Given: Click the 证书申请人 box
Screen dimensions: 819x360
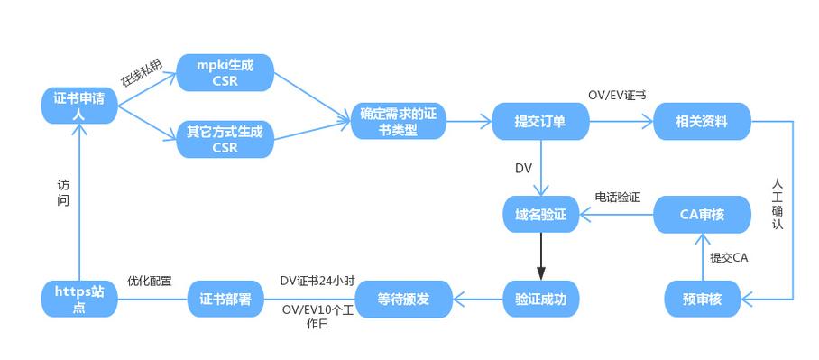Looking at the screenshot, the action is pos(79,106).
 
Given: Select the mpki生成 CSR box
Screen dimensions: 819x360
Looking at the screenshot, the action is pos(225,72).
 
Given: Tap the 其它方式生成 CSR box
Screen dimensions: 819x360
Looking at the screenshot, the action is pos(225,140).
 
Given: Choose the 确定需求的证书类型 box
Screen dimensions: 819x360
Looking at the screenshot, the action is pos(399,121).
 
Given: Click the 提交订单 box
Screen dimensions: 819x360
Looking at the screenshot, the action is pos(540,121).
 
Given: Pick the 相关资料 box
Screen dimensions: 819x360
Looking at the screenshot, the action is pos(702,121).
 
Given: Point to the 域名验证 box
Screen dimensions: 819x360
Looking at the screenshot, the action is pos(541,214).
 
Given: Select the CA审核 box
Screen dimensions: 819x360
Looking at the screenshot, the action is pos(702,214).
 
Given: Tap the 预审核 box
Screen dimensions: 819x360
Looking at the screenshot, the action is pos(702,299).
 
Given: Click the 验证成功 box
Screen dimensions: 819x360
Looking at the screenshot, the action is pos(541,299).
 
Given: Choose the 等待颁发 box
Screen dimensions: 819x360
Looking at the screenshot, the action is pos(403,299).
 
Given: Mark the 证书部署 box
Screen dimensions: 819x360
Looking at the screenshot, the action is pos(225,299).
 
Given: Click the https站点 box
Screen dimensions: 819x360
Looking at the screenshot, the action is pos(79,299).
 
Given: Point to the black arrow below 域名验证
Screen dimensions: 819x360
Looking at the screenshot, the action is pos(541,256).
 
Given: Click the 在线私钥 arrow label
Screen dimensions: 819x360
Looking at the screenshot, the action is pos(141,73).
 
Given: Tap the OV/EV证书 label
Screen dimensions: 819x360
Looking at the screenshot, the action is pos(617,96).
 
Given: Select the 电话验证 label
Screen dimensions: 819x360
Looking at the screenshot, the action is pos(617,197).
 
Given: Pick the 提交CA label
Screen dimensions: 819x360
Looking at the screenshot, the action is pos(729,257).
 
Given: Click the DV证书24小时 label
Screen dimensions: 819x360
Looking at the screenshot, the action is pos(317,282).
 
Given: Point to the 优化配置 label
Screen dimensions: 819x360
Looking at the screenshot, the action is pos(150,282).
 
